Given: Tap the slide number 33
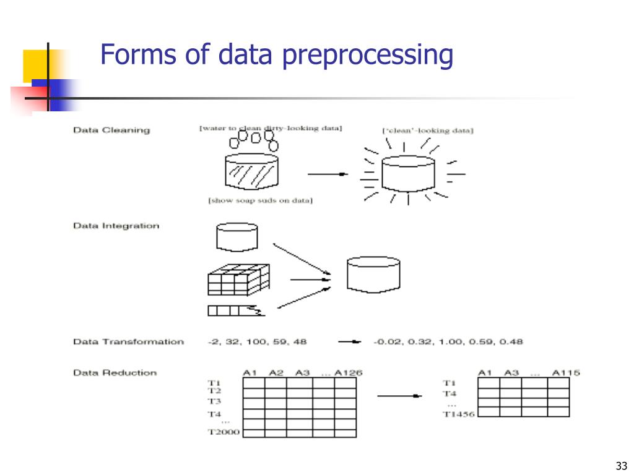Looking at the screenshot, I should tap(622, 466).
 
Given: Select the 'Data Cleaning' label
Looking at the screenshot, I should tap(111, 130).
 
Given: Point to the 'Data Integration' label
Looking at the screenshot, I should tap(116, 226).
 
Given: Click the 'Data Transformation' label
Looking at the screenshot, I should tap(128, 341).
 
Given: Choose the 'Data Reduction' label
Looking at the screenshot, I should tap(115, 372).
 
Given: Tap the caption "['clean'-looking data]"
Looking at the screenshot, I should tap(428, 131).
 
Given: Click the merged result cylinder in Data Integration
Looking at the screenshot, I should tap(373, 275).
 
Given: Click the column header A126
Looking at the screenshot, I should tap(348, 372).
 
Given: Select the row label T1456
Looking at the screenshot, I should tap(459, 414).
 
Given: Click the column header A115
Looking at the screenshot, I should tap(566, 372).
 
